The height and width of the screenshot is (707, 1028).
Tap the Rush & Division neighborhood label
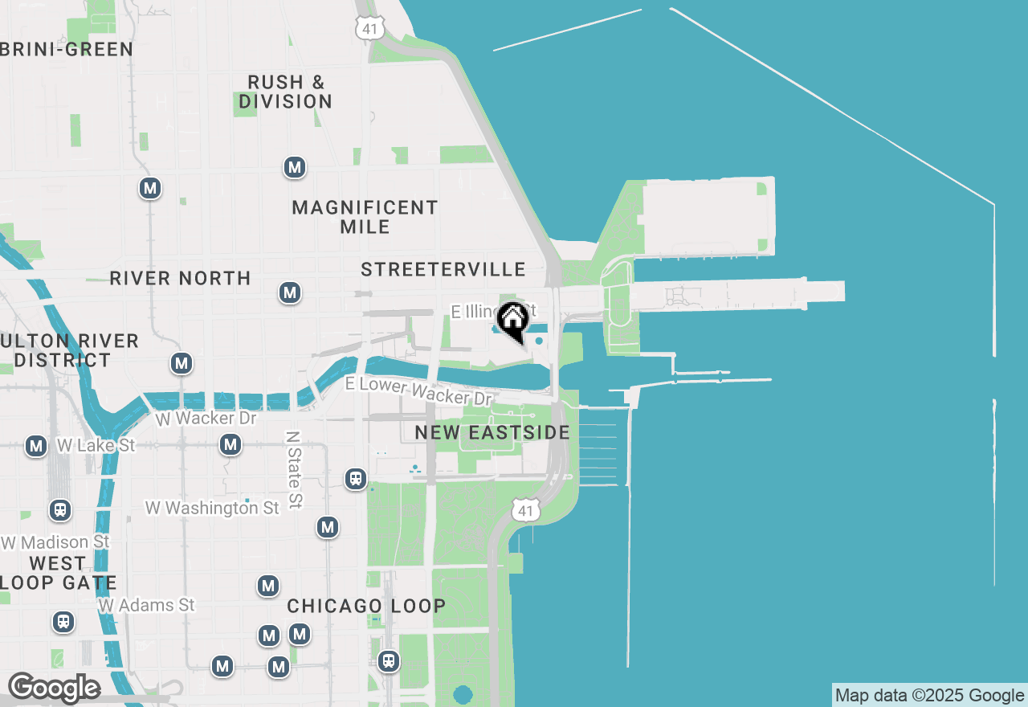(286, 92)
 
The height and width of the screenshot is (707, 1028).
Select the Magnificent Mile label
(365, 217)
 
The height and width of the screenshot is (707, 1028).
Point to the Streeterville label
(443, 269)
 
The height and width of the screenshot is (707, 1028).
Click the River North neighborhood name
(180, 278)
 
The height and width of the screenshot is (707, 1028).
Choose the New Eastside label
(492, 432)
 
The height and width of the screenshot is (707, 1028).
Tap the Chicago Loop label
(366, 606)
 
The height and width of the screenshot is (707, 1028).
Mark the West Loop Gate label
(58, 573)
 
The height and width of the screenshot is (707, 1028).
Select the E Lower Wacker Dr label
(418, 390)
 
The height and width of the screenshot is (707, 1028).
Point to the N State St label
(294, 469)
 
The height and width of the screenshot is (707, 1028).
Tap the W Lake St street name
(96, 445)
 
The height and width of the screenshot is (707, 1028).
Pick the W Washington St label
(212, 508)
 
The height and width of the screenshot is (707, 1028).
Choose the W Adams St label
(147, 605)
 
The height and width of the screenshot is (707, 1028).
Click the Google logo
(54, 688)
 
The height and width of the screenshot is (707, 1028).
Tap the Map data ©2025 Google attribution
(929, 696)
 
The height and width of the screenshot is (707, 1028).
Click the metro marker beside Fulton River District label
(182, 363)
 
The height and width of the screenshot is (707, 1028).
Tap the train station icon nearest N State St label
(356, 479)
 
